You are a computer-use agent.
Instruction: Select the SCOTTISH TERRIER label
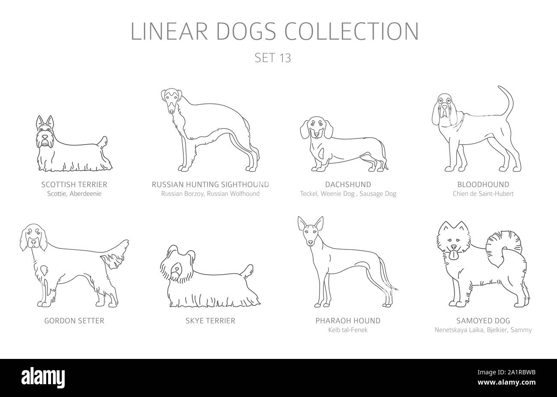75,185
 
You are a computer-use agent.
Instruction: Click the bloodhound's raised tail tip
500,88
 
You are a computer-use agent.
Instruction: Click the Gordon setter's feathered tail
116,252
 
